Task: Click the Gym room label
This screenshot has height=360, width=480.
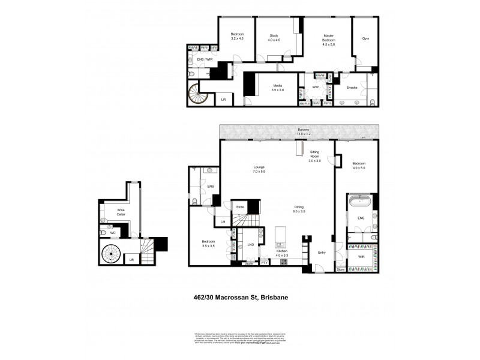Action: click(x=365, y=38)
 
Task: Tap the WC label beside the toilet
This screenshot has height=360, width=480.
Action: click(x=112, y=232)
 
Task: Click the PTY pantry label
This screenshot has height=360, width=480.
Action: click(x=264, y=263)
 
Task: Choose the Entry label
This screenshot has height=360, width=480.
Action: click(x=322, y=253)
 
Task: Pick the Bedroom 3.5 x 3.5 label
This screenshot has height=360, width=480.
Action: click(x=208, y=244)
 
